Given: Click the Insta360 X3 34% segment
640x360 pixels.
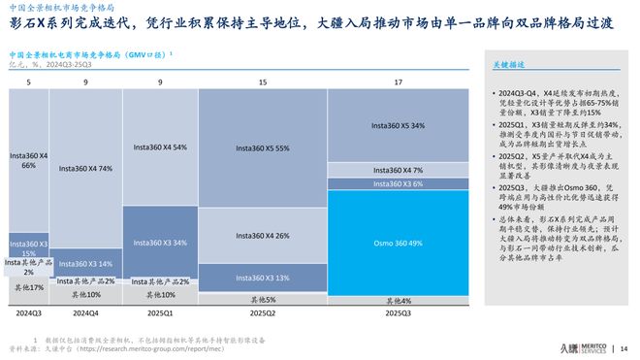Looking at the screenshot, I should [x=159, y=242].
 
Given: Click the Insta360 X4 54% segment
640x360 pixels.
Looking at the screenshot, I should [x=159, y=147].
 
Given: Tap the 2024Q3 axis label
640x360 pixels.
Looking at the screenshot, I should [x=28, y=312].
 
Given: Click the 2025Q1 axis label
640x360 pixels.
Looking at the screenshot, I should [x=159, y=312].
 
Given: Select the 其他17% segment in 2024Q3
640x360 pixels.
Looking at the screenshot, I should [x=28, y=288].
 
